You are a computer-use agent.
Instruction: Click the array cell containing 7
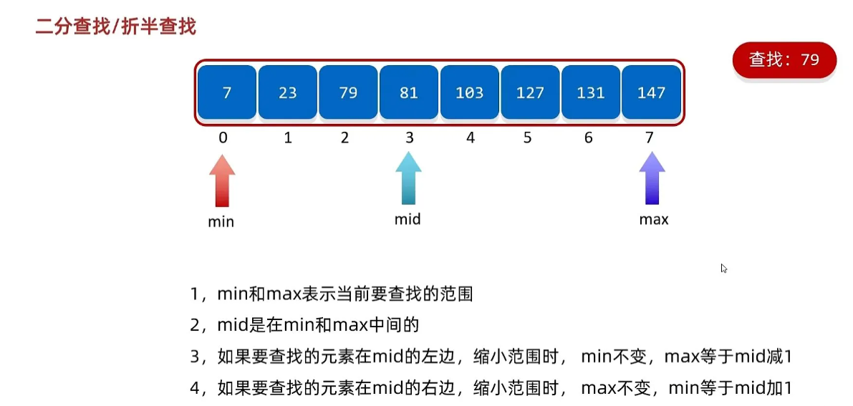click(x=226, y=92)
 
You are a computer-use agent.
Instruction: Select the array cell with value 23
click(x=287, y=92)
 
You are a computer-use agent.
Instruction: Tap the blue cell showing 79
click(x=348, y=92)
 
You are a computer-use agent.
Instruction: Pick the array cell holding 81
click(x=409, y=92)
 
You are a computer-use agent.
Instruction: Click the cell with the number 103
click(x=469, y=92)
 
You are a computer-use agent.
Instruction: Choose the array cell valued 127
click(x=530, y=92)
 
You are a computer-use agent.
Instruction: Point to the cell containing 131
click(x=591, y=92)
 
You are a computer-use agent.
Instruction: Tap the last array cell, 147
click(x=651, y=92)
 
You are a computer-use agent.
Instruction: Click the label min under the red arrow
click(x=221, y=222)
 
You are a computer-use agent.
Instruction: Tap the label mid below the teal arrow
click(x=408, y=219)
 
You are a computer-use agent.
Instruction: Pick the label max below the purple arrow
click(x=654, y=220)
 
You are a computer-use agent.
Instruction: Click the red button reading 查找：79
click(x=784, y=60)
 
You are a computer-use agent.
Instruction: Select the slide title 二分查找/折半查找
click(x=115, y=27)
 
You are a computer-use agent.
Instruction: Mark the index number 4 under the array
click(x=470, y=138)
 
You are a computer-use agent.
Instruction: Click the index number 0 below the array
click(x=223, y=138)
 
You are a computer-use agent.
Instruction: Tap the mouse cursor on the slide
click(x=724, y=269)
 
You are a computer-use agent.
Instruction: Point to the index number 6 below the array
click(x=589, y=138)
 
